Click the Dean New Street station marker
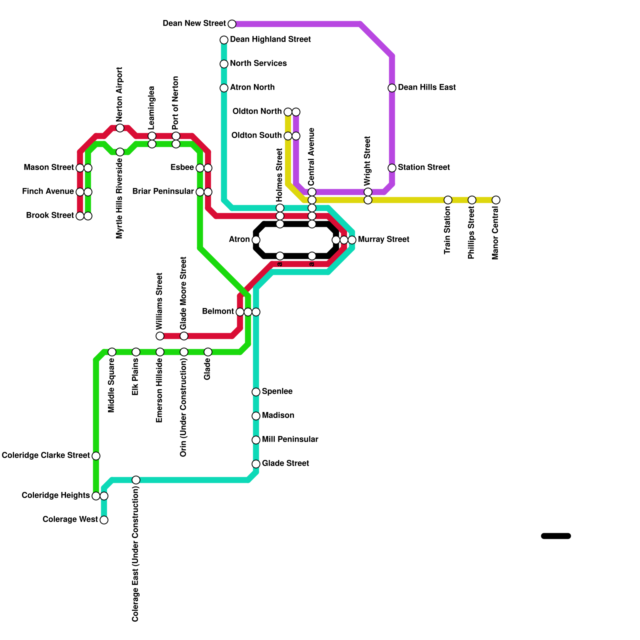point(232,24)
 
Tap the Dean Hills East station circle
point(392,88)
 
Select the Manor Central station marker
point(496,200)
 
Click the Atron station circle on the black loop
point(256,240)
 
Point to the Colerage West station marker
point(104,520)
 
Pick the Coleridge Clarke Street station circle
point(96,456)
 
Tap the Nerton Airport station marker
point(120,128)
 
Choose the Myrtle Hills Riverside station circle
point(120,152)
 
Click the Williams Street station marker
point(160,336)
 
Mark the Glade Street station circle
point(256,464)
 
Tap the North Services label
point(258,64)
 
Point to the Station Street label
point(424,168)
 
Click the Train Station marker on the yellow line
point(448,200)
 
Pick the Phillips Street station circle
point(472,200)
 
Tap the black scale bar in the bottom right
point(556,536)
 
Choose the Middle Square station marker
point(112,352)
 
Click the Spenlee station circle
point(256,392)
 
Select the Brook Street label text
point(50,216)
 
